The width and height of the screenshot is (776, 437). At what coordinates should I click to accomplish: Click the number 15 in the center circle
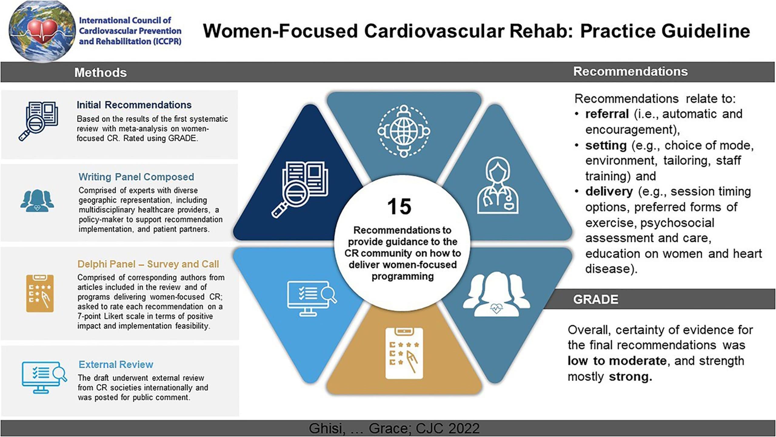click(x=399, y=207)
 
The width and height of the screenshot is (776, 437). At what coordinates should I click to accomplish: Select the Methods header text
click(x=101, y=72)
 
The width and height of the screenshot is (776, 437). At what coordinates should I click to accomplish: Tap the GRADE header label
click(x=595, y=299)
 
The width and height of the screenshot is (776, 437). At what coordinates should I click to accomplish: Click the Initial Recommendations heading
click(x=134, y=105)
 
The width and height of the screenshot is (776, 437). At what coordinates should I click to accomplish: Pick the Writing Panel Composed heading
click(x=136, y=177)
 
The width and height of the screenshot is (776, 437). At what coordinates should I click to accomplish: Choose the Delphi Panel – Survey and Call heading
click(x=148, y=264)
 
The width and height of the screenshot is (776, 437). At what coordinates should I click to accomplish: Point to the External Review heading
click(x=116, y=364)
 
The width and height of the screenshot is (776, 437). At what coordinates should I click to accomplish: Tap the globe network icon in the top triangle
click(x=404, y=131)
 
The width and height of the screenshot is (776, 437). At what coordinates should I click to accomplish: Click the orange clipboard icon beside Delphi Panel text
click(x=40, y=293)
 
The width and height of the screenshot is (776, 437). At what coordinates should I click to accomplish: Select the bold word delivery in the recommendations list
click(x=609, y=192)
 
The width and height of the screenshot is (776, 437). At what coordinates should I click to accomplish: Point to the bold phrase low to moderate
click(x=617, y=361)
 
